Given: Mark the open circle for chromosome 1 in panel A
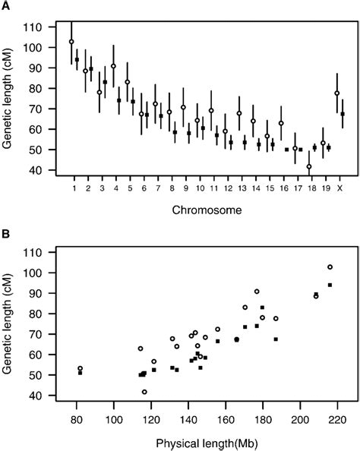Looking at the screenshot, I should coord(71,42).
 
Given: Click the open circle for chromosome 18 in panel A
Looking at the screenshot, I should coord(309,166).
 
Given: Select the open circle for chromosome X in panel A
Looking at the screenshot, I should coord(336,93).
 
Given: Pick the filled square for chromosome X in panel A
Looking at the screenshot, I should coord(343,114).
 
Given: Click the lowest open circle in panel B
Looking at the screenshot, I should coord(144,392).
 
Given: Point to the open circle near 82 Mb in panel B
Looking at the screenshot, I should coord(80,368).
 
